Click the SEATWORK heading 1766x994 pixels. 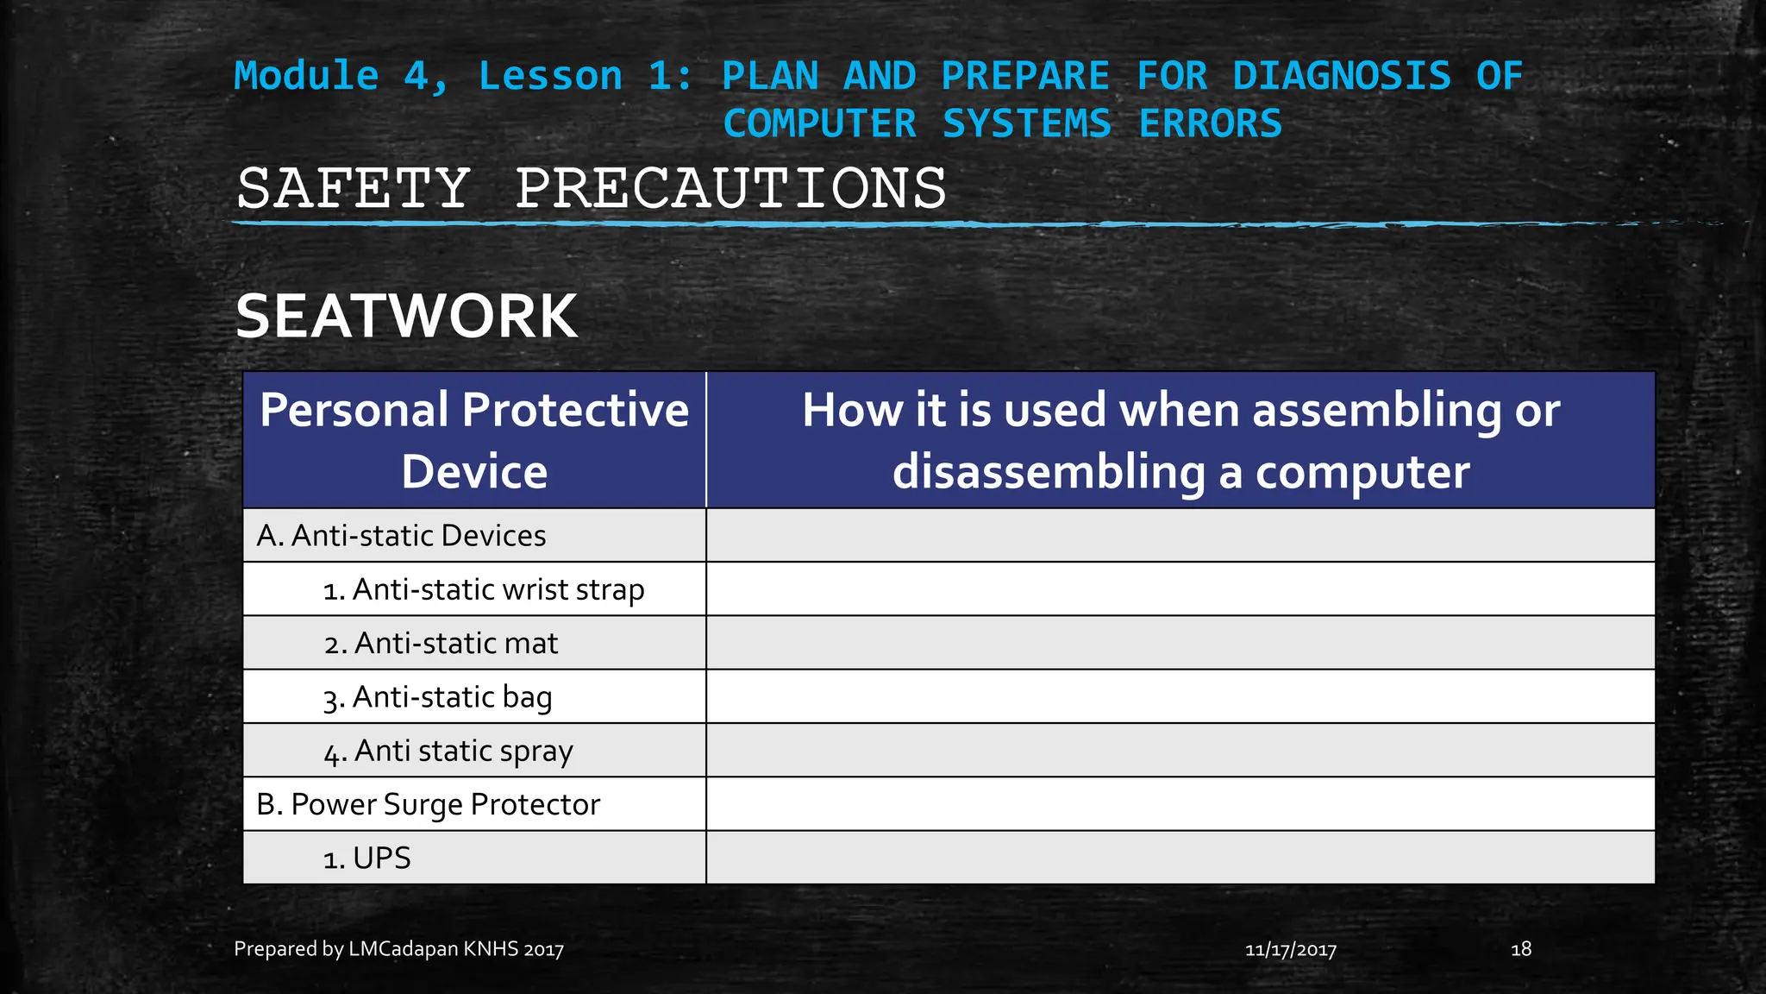point(406,317)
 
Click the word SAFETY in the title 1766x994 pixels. point(354,189)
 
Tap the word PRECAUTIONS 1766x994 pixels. point(730,189)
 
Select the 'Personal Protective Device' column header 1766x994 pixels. point(474,440)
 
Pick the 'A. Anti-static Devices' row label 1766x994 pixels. point(401,536)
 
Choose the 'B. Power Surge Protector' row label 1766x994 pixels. point(428,805)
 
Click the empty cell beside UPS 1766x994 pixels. point(1180,859)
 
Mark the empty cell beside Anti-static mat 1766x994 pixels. point(1180,644)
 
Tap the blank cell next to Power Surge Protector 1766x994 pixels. point(1180,805)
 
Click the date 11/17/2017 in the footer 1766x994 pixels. point(1291,950)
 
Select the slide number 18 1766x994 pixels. point(1521,949)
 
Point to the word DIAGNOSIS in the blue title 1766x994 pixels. point(1341,76)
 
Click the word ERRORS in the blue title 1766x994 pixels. point(1211,123)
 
